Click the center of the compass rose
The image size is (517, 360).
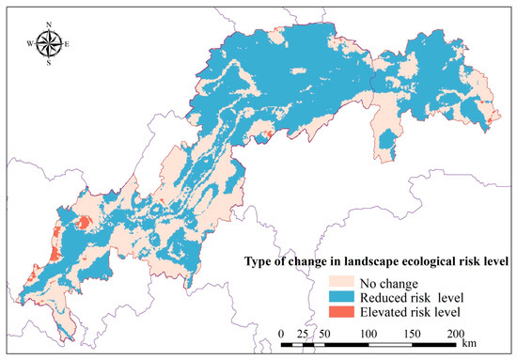click(52, 43)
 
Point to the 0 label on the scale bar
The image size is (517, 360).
click(283, 334)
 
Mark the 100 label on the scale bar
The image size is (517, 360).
click(368, 334)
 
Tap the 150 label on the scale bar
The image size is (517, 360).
click(412, 334)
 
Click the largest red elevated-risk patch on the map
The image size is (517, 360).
click(82, 223)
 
